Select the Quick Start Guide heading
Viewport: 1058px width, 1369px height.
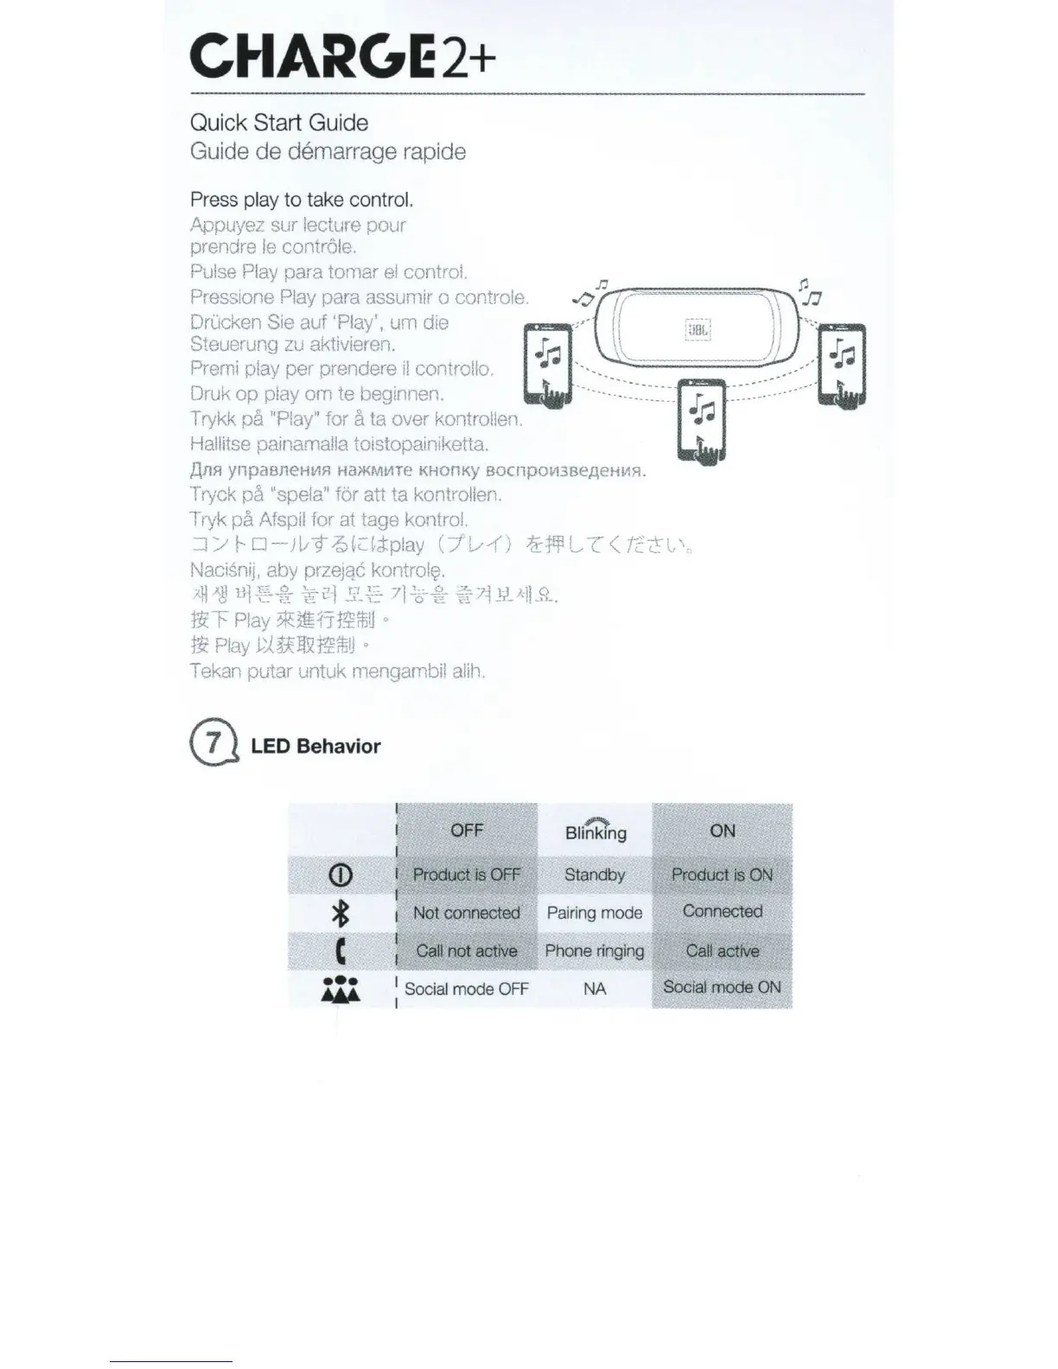[x=279, y=123]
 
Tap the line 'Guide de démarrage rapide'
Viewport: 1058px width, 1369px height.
[x=328, y=152]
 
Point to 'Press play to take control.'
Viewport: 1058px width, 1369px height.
[x=302, y=200]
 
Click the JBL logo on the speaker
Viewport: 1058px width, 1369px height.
[x=698, y=330]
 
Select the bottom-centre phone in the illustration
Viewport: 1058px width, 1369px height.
[x=701, y=421]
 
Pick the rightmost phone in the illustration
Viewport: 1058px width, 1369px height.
[x=842, y=365]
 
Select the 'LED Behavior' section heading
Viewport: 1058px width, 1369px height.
[x=315, y=747]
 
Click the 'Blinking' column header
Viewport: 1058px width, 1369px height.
[x=595, y=831]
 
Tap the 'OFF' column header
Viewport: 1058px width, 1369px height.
[x=467, y=831]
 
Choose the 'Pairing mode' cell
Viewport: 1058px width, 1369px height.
[x=595, y=913]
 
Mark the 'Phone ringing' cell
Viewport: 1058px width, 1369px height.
[x=595, y=951]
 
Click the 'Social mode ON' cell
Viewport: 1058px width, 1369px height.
[x=722, y=987]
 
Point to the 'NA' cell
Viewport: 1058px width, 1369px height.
[x=595, y=989]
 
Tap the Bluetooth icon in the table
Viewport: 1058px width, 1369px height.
[x=341, y=913]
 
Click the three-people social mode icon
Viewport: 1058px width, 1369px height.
[x=341, y=990]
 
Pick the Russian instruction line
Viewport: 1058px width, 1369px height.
[x=418, y=471]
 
